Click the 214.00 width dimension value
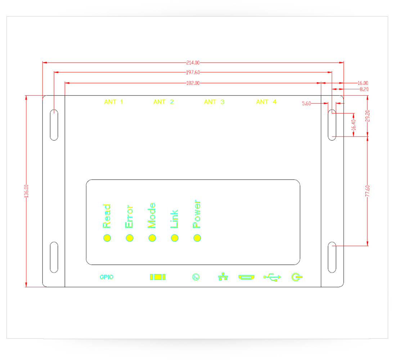click(x=193, y=63)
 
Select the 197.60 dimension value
click(x=193, y=72)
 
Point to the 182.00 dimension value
click(x=193, y=83)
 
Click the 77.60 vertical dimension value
click(x=367, y=191)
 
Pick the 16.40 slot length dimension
click(x=354, y=125)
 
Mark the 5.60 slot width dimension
click(x=306, y=104)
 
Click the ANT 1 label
click(x=113, y=102)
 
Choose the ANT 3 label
click(x=214, y=102)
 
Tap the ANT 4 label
click(x=266, y=102)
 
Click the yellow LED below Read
click(x=107, y=238)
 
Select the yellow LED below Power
click(x=197, y=238)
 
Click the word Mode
click(x=152, y=215)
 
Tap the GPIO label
click(x=107, y=277)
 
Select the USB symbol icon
click(x=272, y=277)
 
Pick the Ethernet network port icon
click(x=223, y=277)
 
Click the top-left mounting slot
click(x=54, y=125)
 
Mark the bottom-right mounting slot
click(x=332, y=257)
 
